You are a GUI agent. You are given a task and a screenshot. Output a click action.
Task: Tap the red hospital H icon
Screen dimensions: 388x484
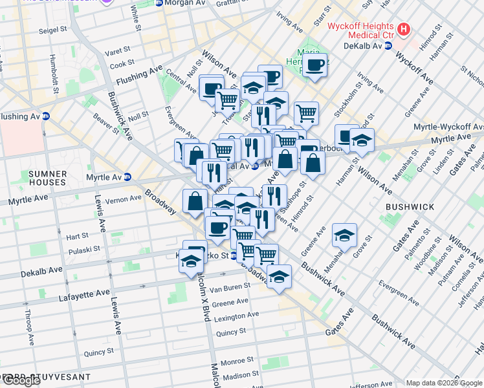click(404, 29)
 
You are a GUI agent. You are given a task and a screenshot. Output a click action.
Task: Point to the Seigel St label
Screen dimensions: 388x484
click(53, 30)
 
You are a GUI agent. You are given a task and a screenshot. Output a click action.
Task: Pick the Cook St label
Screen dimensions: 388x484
click(122, 63)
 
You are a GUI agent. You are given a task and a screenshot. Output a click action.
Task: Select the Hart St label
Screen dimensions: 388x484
click(77, 237)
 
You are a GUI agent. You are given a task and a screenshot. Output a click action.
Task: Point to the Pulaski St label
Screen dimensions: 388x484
click(82, 248)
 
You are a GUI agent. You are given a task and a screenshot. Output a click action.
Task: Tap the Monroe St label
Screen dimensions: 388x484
click(237, 361)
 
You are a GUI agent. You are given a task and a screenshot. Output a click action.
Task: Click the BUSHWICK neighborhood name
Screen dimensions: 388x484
click(410, 206)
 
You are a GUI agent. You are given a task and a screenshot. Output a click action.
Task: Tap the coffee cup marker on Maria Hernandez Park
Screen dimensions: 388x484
click(315, 65)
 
